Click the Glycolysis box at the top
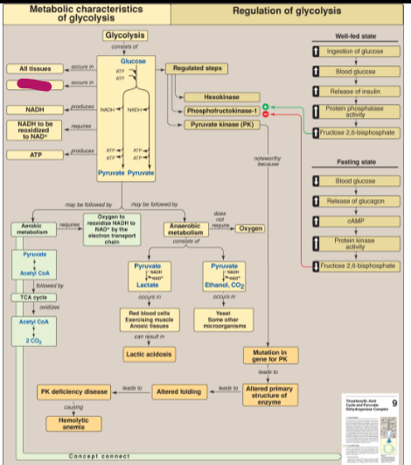(x=126, y=35)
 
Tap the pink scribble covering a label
(x=34, y=86)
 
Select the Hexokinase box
(x=215, y=97)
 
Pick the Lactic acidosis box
(x=146, y=354)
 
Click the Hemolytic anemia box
(x=73, y=422)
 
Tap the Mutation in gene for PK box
(x=269, y=355)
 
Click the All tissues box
(x=34, y=68)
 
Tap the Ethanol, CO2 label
(x=226, y=285)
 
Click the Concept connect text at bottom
(x=99, y=456)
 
